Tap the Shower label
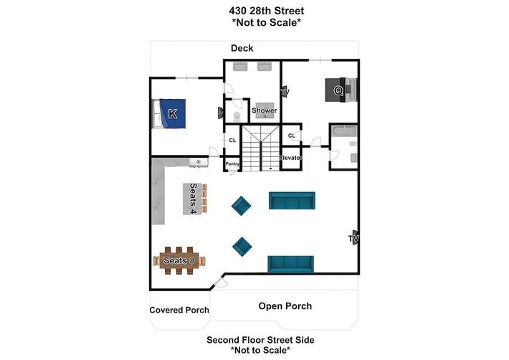[x=264, y=110]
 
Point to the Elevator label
[x=291, y=158]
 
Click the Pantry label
[x=232, y=164]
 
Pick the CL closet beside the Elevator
[x=292, y=136]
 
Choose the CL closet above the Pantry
[x=232, y=141]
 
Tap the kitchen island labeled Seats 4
[x=191, y=199]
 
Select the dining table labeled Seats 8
[x=179, y=260]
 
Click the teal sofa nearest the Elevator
[x=292, y=201]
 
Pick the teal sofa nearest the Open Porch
[x=291, y=265]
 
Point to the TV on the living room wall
[x=353, y=238]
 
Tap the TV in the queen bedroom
[x=285, y=93]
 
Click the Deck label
[x=242, y=48]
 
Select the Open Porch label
[x=285, y=306]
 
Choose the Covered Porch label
[x=179, y=311]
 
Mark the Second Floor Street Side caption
[x=260, y=340]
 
